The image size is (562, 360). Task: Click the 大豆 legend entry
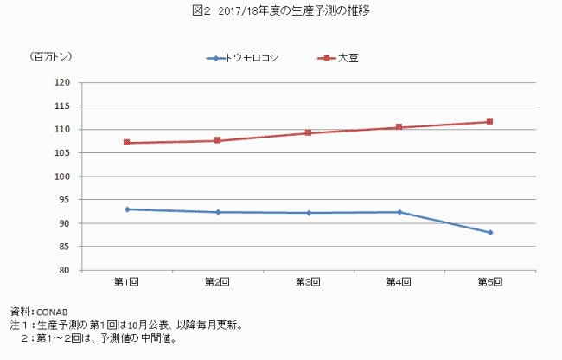click(341, 58)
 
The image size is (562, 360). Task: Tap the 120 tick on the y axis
click(62, 82)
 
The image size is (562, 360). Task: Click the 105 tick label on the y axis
click(62, 153)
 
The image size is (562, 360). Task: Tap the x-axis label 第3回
click(308, 282)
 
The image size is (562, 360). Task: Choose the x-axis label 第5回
click(490, 282)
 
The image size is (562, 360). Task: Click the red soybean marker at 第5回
click(490, 121)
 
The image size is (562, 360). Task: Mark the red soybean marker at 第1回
click(126, 143)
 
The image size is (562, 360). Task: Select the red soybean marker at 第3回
click(308, 133)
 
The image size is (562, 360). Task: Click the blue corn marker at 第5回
click(490, 232)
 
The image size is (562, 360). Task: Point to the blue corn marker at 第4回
click(399, 212)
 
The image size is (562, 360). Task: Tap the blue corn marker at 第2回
click(217, 212)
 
